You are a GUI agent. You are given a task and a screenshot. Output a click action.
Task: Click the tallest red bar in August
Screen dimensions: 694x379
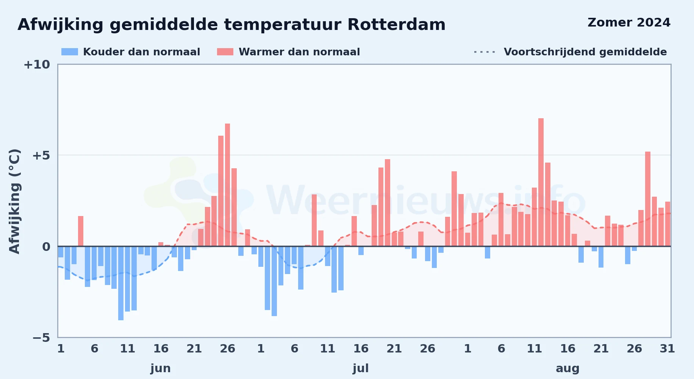541,182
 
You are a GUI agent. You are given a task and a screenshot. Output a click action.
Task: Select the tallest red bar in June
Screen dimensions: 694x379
227,185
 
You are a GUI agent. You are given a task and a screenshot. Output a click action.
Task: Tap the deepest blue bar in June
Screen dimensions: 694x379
121,283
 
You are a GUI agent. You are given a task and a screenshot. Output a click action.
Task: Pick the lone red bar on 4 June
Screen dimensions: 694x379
81,231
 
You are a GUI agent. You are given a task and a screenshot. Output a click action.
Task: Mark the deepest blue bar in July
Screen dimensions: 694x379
274,281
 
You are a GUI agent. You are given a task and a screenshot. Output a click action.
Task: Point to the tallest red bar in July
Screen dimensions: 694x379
388,203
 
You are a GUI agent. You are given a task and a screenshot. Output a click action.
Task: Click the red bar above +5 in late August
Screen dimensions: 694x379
648,199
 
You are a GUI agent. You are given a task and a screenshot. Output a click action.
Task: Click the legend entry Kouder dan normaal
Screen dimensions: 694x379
131,52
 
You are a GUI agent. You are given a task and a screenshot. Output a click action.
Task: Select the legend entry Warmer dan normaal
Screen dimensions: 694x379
288,52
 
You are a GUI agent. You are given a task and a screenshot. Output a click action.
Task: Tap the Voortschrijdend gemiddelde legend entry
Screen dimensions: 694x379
570,52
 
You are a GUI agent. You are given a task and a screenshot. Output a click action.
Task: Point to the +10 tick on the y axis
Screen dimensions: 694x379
37,64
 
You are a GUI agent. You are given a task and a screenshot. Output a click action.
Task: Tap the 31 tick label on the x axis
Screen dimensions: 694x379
667,348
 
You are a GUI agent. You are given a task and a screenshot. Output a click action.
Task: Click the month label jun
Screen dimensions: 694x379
161,368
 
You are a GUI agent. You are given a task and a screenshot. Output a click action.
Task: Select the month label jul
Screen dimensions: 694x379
361,368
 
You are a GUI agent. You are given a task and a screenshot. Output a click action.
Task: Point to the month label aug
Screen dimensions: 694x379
567,368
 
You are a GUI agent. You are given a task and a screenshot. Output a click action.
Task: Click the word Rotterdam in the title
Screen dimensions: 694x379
396,25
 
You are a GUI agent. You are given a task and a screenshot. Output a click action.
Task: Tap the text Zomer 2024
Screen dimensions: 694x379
629,22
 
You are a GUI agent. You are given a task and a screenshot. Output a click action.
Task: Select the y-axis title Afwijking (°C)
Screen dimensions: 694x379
14,201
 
